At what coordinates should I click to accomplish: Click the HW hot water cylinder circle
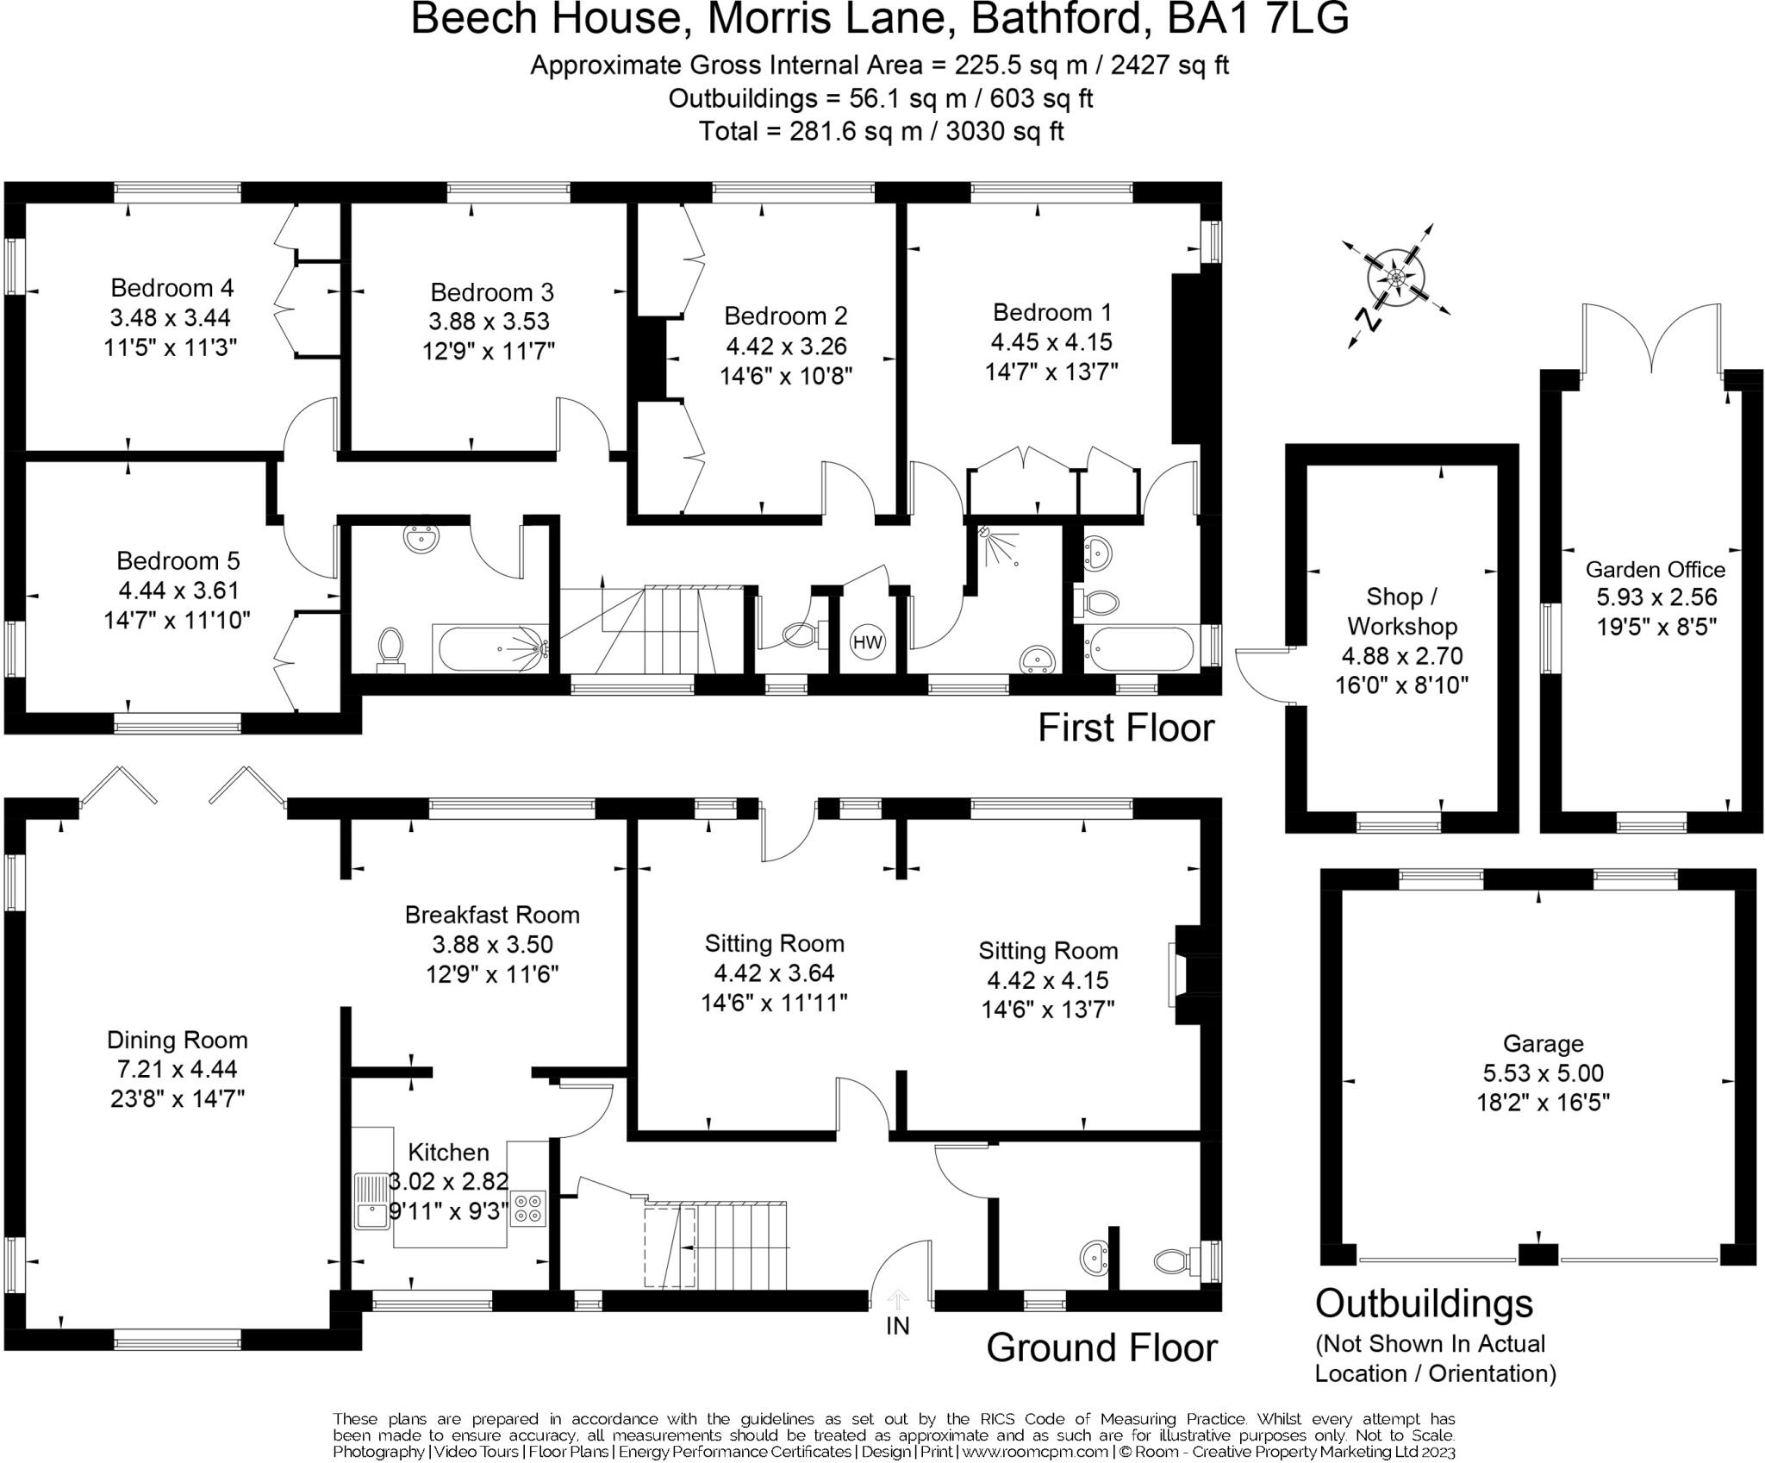coord(867,642)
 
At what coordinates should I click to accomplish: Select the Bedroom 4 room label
coord(172,287)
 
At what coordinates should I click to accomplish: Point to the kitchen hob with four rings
coord(528,1208)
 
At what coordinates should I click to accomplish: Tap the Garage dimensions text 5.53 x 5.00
coord(1543,1073)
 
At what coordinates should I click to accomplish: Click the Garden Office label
coord(1655,569)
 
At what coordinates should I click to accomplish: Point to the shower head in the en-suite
coord(985,532)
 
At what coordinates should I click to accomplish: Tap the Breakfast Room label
coord(492,915)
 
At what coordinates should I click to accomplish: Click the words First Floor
coord(1126,728)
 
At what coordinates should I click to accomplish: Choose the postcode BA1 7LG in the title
coord(1257,19)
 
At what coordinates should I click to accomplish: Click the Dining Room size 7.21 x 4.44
coord(178,1069)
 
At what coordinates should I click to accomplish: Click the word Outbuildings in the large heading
coord(1424,1304)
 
